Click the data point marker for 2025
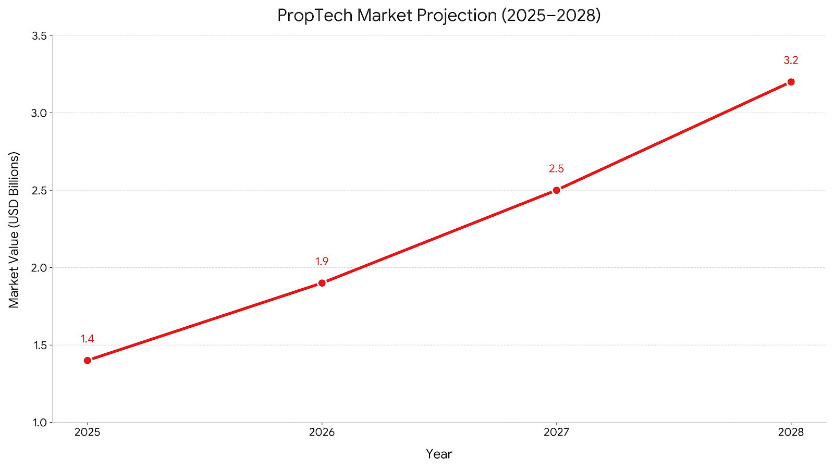[88, 360]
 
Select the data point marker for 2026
[322, 283]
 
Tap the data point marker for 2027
[557, 190]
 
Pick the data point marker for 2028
[791, 82]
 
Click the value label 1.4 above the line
[88, 339]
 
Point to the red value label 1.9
[322, 262]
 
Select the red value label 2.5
[557, 169]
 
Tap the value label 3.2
[791, 60]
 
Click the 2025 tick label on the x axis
[88, 432]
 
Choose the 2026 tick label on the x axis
[322, 432]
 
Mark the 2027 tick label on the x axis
[557, 432]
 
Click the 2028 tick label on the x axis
[791, 432]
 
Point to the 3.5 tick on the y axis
[40, 36]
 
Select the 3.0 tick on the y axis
[40, 113]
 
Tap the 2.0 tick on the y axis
[40, 268]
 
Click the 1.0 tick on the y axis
[40, 423]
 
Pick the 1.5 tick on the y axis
[40, 345]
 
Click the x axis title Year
[439, 454]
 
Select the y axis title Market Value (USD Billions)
[14, 229]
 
